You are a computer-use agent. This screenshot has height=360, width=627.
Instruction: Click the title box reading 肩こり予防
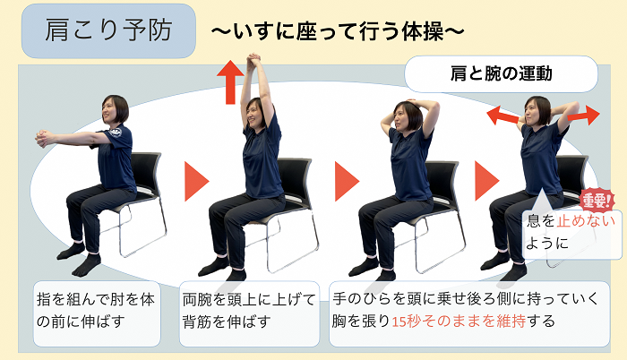click(x=108, y=30)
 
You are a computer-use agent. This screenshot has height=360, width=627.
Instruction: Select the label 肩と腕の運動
click(x=501, y=74)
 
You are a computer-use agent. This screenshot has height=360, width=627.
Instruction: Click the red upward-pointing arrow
click(x=230, y=82)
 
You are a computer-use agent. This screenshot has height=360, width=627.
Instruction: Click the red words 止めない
click(x=586, y=221)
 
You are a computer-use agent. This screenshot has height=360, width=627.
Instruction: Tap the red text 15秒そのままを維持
click(x=459, y=321)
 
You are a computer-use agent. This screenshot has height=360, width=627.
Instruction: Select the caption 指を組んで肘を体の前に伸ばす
click(x=96, y=310)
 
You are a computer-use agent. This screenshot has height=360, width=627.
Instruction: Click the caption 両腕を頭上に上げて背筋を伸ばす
click(x=249, y=310)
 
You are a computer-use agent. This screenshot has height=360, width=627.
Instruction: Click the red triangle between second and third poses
click(x=345, y=181)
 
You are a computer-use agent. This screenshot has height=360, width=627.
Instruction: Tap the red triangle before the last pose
click(x=485, y=180)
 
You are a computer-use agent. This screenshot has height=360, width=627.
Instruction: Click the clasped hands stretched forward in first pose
click(x=44, y=139)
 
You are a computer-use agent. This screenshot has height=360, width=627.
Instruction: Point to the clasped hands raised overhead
click(x=253, y=62)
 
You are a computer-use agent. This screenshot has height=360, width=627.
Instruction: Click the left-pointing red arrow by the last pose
click(x=502, y=116)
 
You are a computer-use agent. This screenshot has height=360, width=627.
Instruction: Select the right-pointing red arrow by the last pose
click(x=584, y=116)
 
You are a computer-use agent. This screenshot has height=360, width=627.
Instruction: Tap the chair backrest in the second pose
click(x=296, y=177)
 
